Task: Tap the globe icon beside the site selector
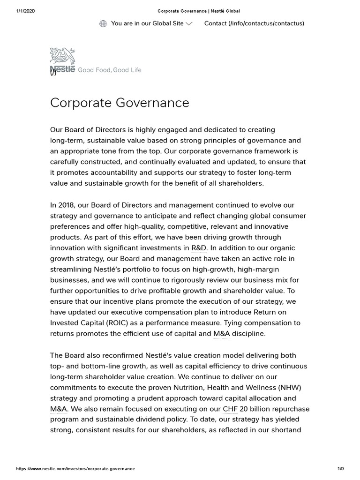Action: click(x=103, y=23)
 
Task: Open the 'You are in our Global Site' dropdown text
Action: click(x=147, y=23)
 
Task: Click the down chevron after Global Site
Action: click(x=189, y=24)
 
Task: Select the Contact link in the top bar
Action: click(x=254, y=23)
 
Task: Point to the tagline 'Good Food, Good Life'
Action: click(x=109, y=70)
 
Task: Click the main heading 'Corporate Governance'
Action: click(x=120, y=103)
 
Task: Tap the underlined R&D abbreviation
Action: click(x=199, y=248)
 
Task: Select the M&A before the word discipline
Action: click(x=222, y=334)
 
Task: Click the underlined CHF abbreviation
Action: click(x=230, y=409)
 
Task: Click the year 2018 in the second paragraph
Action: click(x=67, y=205)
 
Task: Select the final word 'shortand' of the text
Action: click(x=286, y=430)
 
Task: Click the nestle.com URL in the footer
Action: click(x=75, y=469)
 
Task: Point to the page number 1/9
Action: click(x=340, y=469)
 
